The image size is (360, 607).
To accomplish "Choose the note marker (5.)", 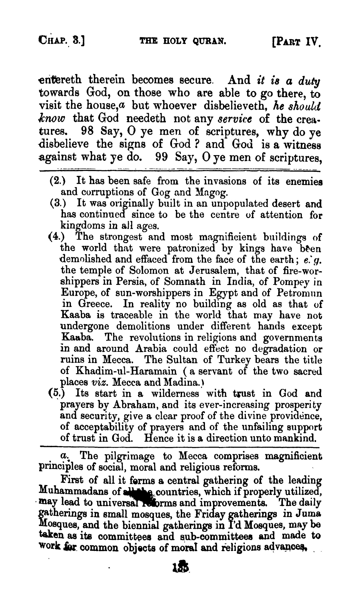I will pos(57,393).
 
